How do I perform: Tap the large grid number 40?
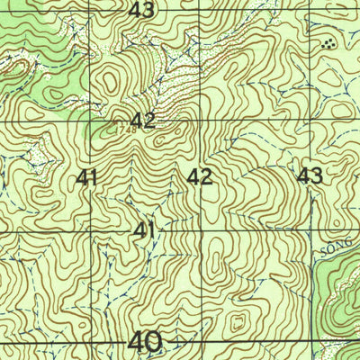(x=145, y=342)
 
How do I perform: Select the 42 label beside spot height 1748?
(x=142, y=121)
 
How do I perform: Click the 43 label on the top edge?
(x=141, y=10)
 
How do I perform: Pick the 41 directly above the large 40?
(x=143, y=230)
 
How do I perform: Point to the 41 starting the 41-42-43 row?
(x=87, y=177)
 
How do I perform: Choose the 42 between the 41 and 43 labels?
(x=200, y=176)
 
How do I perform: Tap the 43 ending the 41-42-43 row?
(x=310, y=175)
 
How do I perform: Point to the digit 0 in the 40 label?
(x=155, y=342)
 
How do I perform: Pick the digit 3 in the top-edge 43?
(x=148, y=10)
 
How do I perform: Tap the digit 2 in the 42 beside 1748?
(x=149, y=121)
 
